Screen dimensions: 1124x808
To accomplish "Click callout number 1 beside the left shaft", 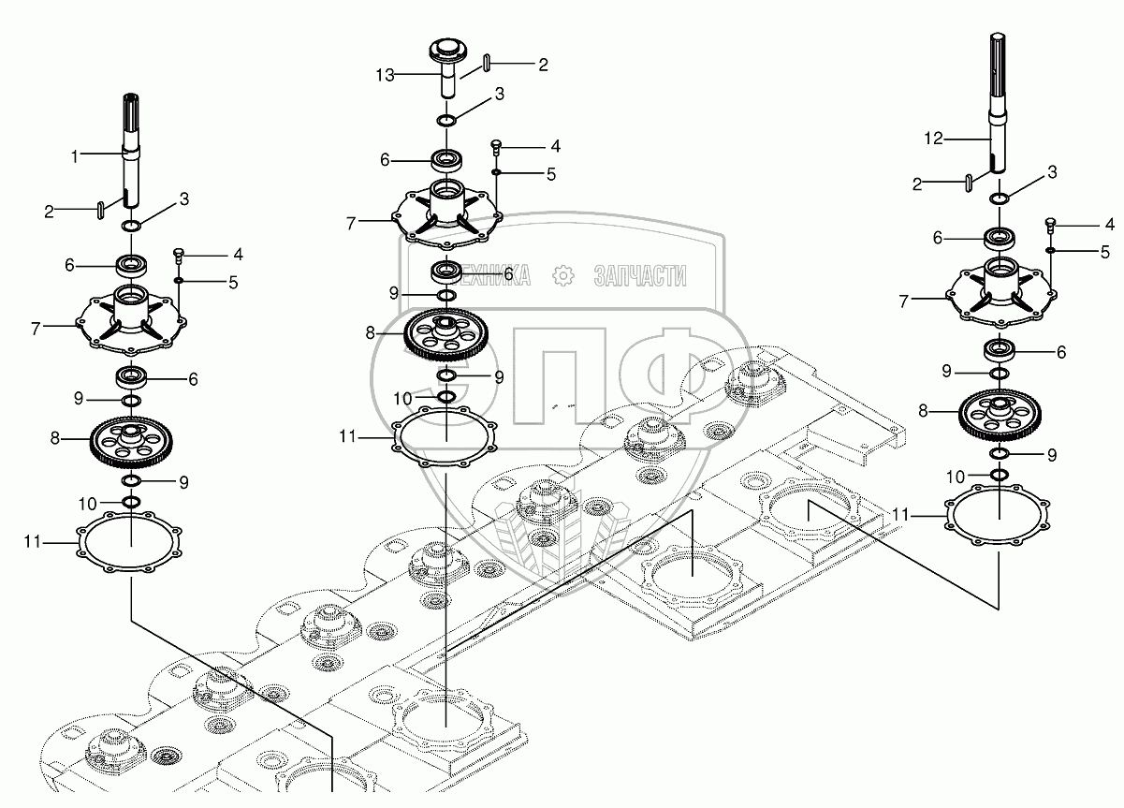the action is (75, 157).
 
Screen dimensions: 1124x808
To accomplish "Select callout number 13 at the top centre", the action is (386, 75).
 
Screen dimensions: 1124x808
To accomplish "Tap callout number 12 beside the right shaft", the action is (934, 139).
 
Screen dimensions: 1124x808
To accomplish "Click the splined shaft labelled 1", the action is (131, 151).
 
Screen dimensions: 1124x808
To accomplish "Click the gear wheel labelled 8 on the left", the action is (132, 442).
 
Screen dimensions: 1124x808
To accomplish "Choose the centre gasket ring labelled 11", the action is (445, 436).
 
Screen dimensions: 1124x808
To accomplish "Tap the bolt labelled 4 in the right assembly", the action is (1050, 226).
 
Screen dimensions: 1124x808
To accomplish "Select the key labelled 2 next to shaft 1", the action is (101, 210).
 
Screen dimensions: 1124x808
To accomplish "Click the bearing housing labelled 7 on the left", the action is (131, 318).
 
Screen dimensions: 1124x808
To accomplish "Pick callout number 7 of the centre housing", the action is (351, 224).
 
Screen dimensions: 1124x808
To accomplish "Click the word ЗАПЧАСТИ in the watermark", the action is (640, 276).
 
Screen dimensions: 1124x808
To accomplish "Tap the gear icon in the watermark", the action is (563, 275).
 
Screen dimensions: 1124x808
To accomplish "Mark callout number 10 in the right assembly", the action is (955, 477).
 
